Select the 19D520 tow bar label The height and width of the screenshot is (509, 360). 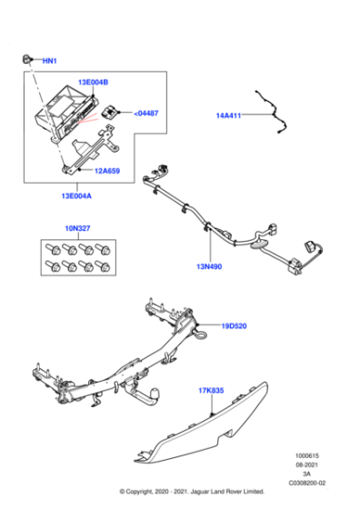234,325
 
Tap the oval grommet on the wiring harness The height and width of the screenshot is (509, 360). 258,242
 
